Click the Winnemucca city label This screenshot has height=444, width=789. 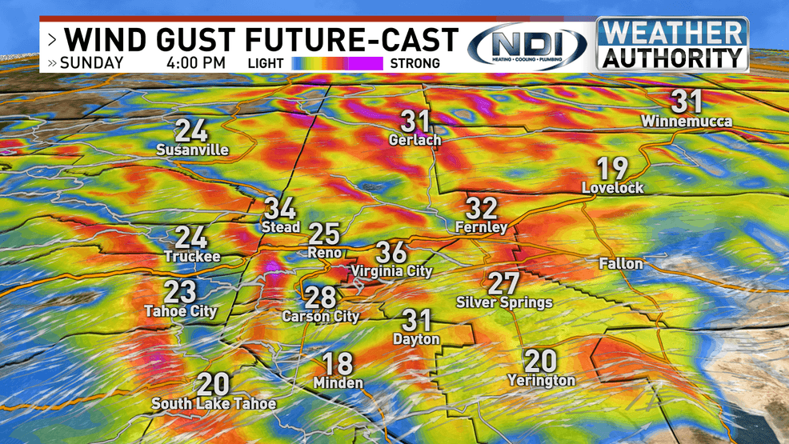675,122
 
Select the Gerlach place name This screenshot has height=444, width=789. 415,140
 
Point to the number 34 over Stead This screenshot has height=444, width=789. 280,209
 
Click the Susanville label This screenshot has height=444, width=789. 192,150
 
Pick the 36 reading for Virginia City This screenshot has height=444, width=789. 391,252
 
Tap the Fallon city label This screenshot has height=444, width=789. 621,263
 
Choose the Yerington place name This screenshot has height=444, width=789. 542,380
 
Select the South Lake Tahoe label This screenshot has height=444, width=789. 214,403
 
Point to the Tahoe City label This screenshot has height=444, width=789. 180,311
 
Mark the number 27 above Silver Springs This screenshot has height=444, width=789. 503,283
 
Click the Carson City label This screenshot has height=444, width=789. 320,316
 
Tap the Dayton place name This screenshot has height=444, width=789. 416,339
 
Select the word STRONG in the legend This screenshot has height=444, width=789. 415,63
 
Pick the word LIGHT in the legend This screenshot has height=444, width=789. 266,63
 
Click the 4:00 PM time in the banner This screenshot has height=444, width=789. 196,62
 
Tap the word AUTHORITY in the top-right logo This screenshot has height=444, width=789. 671,58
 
